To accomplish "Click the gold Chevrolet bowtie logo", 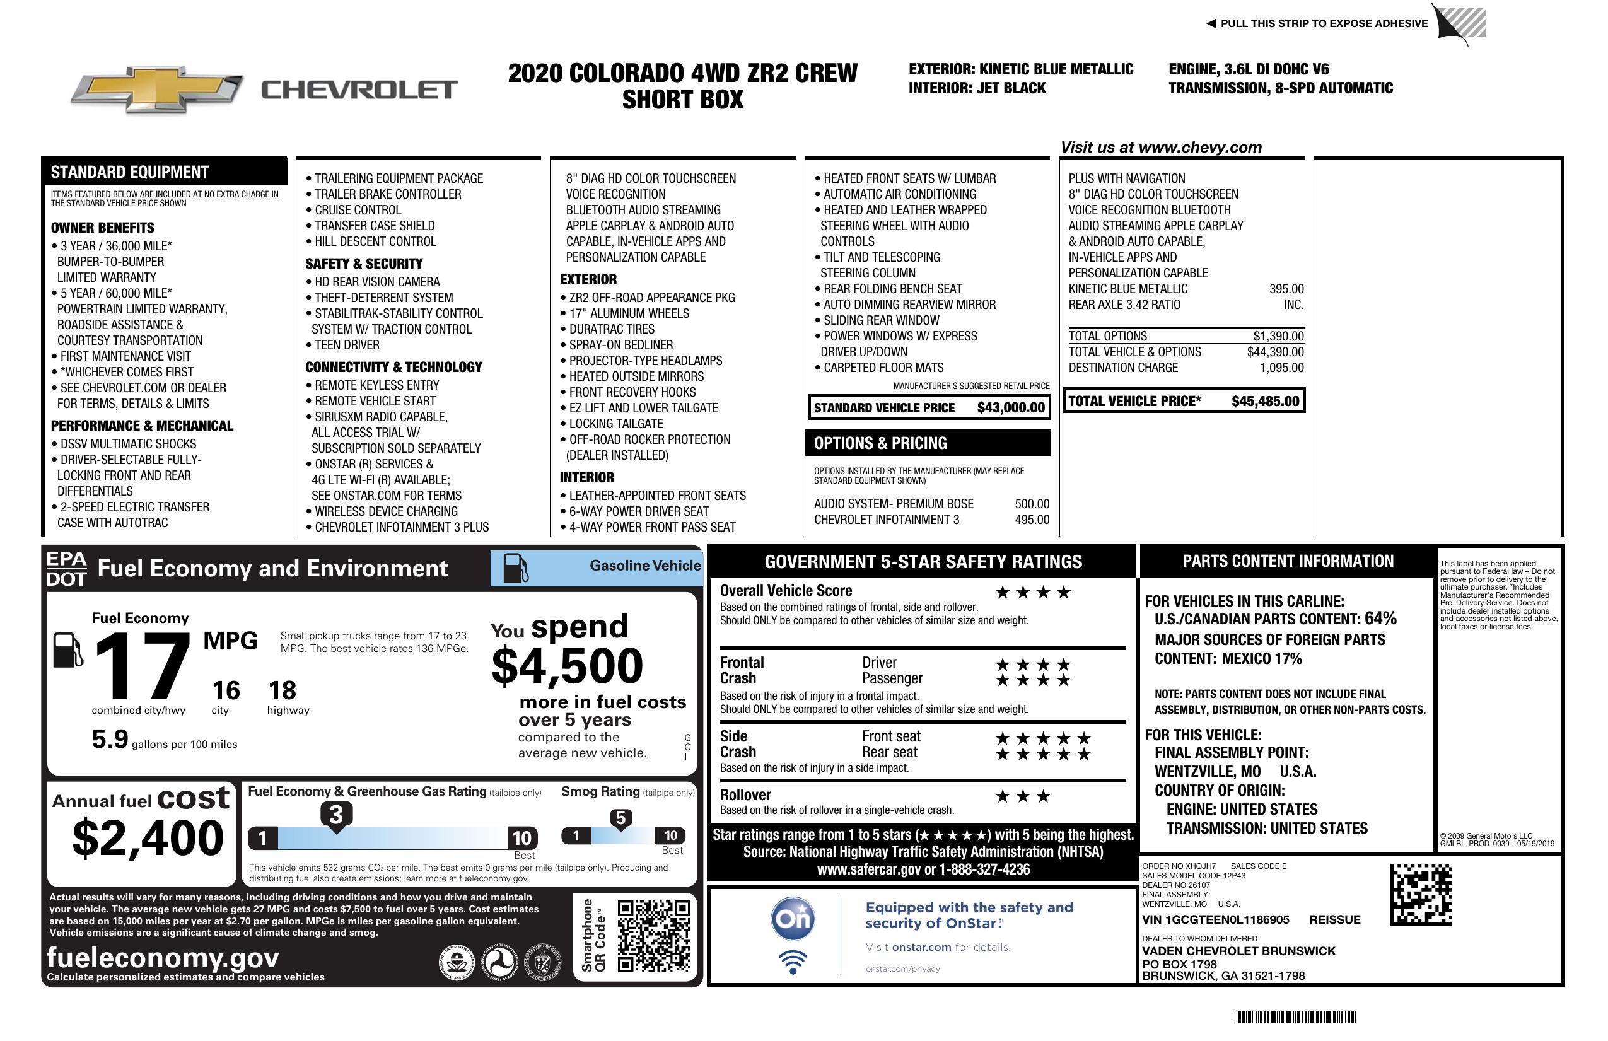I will (x=157, y=90).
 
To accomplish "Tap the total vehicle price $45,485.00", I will (x=1265, y=401).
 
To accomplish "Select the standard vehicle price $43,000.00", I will (x=1011, y=407).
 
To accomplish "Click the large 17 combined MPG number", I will (x=143, y=666).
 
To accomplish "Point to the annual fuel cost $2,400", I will (x=148, y=838).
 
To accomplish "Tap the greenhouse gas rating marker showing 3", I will (x=335, y=815).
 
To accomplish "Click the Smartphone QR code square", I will (x=653, y=936).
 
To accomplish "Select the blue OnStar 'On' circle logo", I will (x=793, y=919).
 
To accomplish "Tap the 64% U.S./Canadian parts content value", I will (x=1380, y=618).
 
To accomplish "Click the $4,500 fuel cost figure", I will (x=568, y=666).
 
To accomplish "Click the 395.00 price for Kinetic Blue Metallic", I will (x=1286, y=288).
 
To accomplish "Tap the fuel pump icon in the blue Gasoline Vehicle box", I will (x=516, y=567).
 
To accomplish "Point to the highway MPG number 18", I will (x=283, y=690).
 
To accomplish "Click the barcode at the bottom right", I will (x=1293, y=1016).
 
